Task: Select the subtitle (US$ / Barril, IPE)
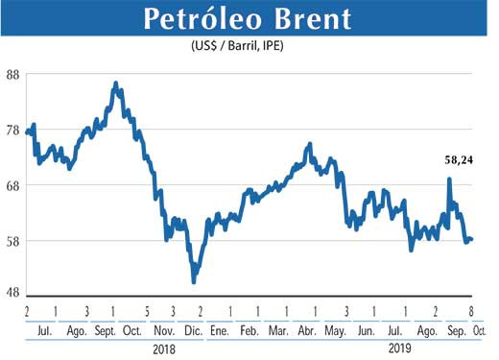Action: click(x=248, y=47)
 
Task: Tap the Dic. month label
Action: click(x=192, y=330)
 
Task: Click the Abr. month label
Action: click(x=306, y=330)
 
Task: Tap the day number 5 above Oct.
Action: click(x=147, y=313)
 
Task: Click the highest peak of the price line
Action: click(x=116, y=84)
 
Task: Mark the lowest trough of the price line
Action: click(x=194, y=281)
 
